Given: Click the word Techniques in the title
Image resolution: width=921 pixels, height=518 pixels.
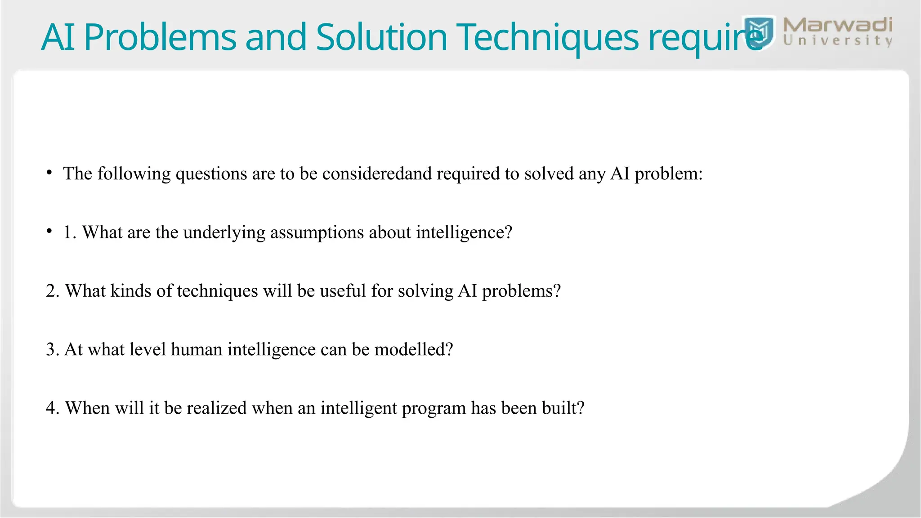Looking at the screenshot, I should pos(547,38).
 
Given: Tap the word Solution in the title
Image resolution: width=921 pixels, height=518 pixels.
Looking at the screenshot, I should pos(381,38).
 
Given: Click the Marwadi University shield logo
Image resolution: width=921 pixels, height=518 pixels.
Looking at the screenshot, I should pos(759,32).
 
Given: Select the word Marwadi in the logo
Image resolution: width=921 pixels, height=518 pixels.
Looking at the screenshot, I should pos(837,25).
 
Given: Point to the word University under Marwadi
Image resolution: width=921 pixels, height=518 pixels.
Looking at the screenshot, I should pos(837,41).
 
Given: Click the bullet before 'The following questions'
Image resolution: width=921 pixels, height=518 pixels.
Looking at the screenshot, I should pos(49,173).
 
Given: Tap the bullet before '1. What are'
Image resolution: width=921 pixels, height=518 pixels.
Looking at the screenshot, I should pos(49,232).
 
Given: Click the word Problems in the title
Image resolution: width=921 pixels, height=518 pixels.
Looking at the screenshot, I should pos(160,38).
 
